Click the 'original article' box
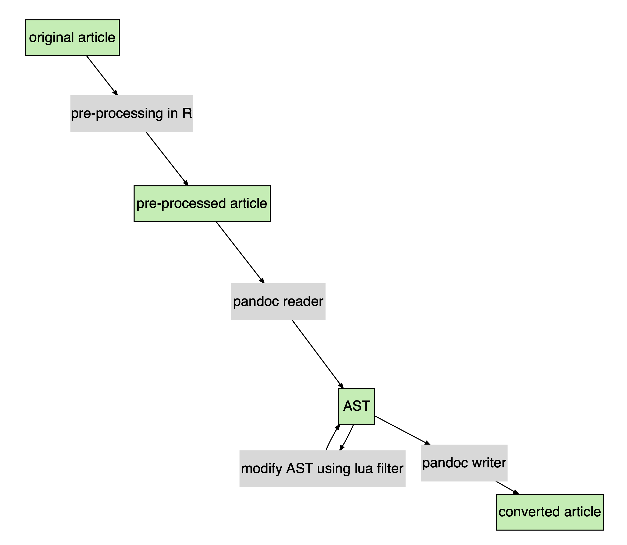pos(72,38)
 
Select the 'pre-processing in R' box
pos(131,113)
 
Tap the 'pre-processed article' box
pos(202,203)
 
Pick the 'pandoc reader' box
pos(278,302)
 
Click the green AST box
pos(357,406)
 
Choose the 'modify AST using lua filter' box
pos(322,469)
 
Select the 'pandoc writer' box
pos(464,463)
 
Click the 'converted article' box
pos(550,512)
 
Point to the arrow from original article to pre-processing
pos(102,75)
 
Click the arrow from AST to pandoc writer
pos(402,430)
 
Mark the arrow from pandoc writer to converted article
pos(506,488)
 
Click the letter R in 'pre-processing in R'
pos(187,113)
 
